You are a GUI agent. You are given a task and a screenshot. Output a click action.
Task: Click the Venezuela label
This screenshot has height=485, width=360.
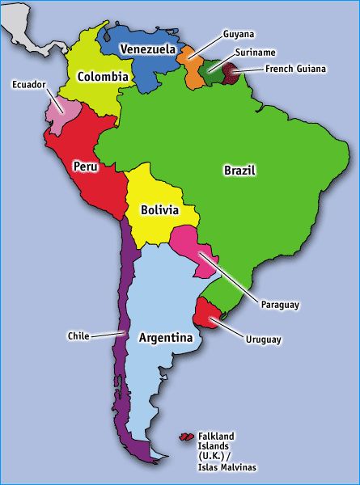pos(148,49)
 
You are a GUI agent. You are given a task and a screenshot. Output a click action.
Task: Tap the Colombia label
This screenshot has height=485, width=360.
pos(103,77)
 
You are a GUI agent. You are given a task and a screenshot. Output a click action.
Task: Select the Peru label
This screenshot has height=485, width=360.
pos(86,166)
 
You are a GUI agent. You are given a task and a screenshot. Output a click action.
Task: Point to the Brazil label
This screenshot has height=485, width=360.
pos(239,171)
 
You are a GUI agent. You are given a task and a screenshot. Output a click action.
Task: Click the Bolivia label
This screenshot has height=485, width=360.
pos(159,209)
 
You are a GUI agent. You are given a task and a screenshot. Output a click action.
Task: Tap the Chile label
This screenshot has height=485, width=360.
pos(78,335)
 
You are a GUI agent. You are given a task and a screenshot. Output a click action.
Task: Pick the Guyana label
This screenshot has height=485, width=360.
pos(239,35)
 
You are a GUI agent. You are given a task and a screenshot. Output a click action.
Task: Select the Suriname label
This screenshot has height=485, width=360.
pos(256,53)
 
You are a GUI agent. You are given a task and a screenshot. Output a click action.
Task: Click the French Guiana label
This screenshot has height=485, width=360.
pos(295,69)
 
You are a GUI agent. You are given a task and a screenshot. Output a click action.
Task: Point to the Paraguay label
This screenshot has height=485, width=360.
pos(280,305)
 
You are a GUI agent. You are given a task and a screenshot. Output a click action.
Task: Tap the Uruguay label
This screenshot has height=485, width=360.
pos(263,339)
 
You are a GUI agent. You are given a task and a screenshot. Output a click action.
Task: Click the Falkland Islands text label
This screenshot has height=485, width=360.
pos(227,451)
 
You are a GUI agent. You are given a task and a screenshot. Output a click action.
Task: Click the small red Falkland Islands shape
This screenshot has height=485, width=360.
pos(186,439)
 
